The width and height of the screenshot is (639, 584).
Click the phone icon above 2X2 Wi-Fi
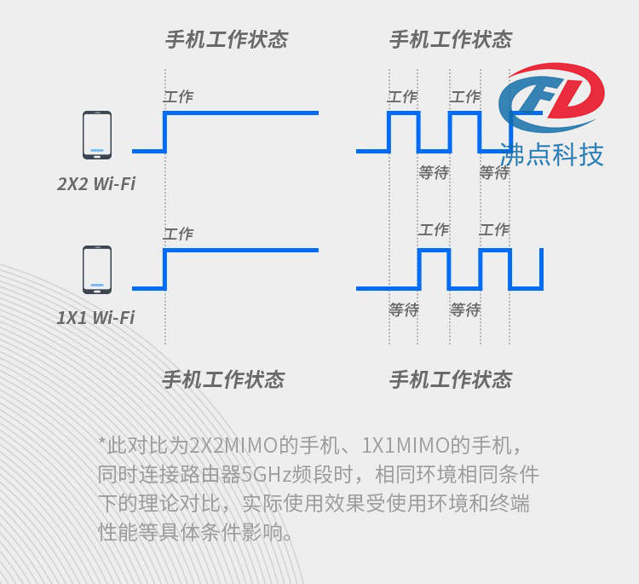[x=97, y=135]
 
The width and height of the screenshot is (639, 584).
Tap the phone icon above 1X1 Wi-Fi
[x=97, y=269]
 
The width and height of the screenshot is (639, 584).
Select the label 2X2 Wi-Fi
[x=96, y=184]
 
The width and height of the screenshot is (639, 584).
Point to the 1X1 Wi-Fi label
[x=95, y=318]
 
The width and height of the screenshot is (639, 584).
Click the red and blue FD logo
[x=551, y=97]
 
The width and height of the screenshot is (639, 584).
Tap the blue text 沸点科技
[x=551, y=154]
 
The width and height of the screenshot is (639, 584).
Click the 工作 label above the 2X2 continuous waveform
[x=178, y=96]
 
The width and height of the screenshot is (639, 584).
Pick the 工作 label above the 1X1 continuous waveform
[x=178, y=234]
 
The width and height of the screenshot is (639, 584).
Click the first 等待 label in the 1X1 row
[x=404, y=310]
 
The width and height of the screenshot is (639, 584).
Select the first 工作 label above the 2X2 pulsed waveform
[x=402, y=96]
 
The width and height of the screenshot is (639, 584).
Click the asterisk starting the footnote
[x=102, y=442]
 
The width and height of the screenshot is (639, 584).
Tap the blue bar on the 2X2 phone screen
[x=97, y=150]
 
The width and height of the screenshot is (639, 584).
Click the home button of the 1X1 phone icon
[x=97, y=292]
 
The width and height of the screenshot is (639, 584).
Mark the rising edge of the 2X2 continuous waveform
[x=165, y=132]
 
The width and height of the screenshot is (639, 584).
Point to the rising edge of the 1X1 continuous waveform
[x=165, y=269]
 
